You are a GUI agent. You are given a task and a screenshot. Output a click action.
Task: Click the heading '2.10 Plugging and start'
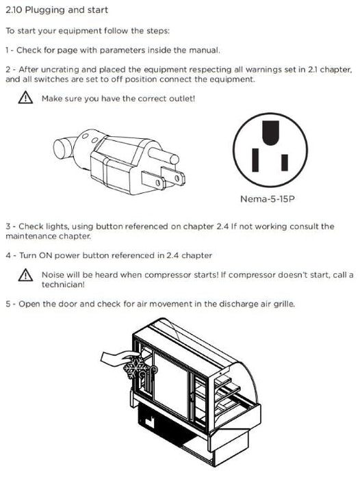click(x=57, y=10)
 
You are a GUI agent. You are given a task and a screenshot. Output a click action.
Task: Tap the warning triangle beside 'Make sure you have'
click(x=26, y=97)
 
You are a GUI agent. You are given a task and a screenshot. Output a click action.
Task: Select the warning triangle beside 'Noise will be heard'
click(x=26, y=275)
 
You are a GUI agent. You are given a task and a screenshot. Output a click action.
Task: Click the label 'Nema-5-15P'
click(x=268, y=199)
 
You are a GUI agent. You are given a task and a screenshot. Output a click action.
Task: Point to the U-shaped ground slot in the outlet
click(x=271, y=132)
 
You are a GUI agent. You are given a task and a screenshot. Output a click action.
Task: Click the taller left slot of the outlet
click(x=255, y=159)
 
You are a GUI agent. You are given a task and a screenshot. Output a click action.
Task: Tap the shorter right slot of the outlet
click(x=285, y=162)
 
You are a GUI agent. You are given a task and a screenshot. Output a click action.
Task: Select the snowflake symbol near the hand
click(x=136, y=367)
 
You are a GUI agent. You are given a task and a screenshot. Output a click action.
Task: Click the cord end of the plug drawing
click(x=63, y=148)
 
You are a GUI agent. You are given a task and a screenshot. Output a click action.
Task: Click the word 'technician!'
click(x=63, y=285)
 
